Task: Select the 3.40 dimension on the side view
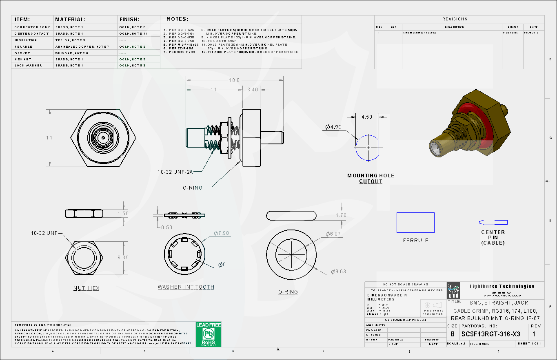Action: pos(253,90)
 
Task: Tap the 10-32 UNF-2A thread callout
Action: pos(175,172)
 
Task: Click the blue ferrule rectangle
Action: pos(415,223)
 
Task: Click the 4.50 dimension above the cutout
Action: pos(367,117)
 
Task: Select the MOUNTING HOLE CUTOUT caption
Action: pos(371,179)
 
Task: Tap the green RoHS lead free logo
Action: pos(208,334)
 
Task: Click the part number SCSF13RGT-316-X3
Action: pos(490,334)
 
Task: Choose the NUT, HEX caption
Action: pos(86,288)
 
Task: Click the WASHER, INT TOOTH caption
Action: pos(186,287)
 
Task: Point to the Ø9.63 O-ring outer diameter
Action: pos(338,272)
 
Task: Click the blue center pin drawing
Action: pos(493,223)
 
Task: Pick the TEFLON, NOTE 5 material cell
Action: pos(70,40)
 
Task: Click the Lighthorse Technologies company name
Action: pos(502,287)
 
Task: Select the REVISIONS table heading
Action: pos(455,19)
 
